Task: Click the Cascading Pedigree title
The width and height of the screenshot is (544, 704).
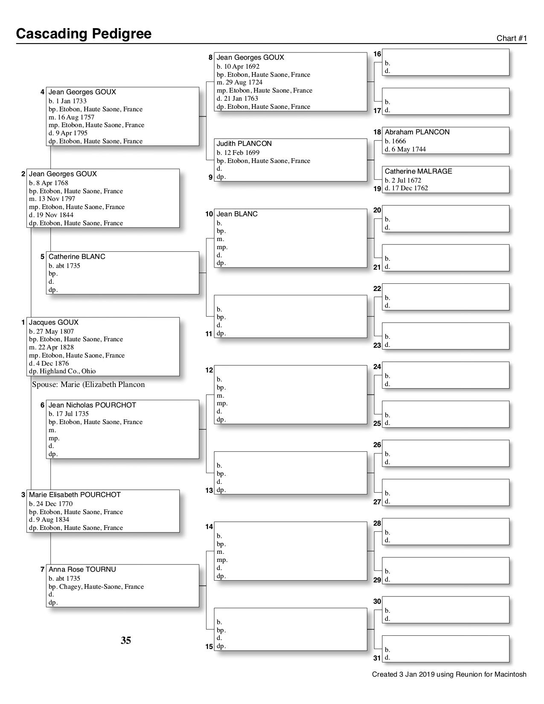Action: coord(84,34)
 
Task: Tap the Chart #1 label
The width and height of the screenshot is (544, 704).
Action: coord(512,38)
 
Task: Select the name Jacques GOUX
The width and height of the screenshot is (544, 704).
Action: coord(54,323)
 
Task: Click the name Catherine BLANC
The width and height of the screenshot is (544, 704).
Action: coord(77,257)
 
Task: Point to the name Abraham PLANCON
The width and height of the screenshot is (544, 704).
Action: coord(417,132)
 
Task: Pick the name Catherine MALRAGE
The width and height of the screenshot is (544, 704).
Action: coord(418,172)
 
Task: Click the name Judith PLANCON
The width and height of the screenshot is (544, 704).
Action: coord(244,144)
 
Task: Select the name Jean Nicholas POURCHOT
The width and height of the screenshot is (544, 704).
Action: coord(92,405)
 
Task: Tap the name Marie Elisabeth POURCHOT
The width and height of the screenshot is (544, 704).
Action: coord(75,495)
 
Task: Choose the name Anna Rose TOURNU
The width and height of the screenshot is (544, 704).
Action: coord(82,570)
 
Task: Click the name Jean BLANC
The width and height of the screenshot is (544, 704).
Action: coord(237,214)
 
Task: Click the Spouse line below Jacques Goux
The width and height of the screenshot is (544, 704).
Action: coord(88,384)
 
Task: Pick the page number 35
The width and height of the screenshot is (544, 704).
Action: coord(126,640)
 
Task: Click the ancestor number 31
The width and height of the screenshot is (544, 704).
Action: coord(377,658)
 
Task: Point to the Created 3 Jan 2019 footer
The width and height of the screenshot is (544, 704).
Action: coord(449,675)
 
